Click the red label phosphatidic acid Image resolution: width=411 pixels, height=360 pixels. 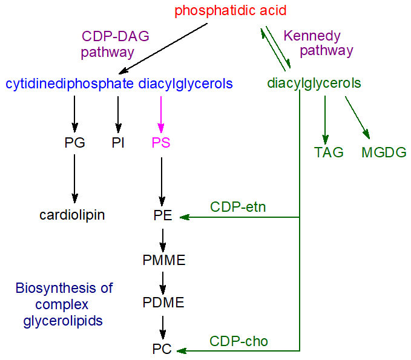[230, 11]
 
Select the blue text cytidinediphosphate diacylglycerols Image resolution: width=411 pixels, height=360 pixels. [119, 83]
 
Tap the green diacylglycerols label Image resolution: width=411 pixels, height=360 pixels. [314, 83]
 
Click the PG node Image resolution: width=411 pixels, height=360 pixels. [74, 143]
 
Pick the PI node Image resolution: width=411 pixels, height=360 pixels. [118, 143]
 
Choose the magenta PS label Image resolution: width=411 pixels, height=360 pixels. [161, 143]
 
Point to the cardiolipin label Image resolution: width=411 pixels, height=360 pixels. [72, 215]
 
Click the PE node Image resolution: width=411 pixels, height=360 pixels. [163, 215]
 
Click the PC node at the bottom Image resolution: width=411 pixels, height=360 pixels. [162, 349]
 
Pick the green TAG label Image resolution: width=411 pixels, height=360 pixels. [329, 152]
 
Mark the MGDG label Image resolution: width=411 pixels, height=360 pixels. [384, 152]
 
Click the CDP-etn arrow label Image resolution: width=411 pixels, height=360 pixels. [238, 208]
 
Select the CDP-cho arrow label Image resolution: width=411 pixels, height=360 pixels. [238, 342]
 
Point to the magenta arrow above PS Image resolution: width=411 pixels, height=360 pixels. [160, 113]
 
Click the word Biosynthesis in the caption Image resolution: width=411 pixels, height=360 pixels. [64, 288]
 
